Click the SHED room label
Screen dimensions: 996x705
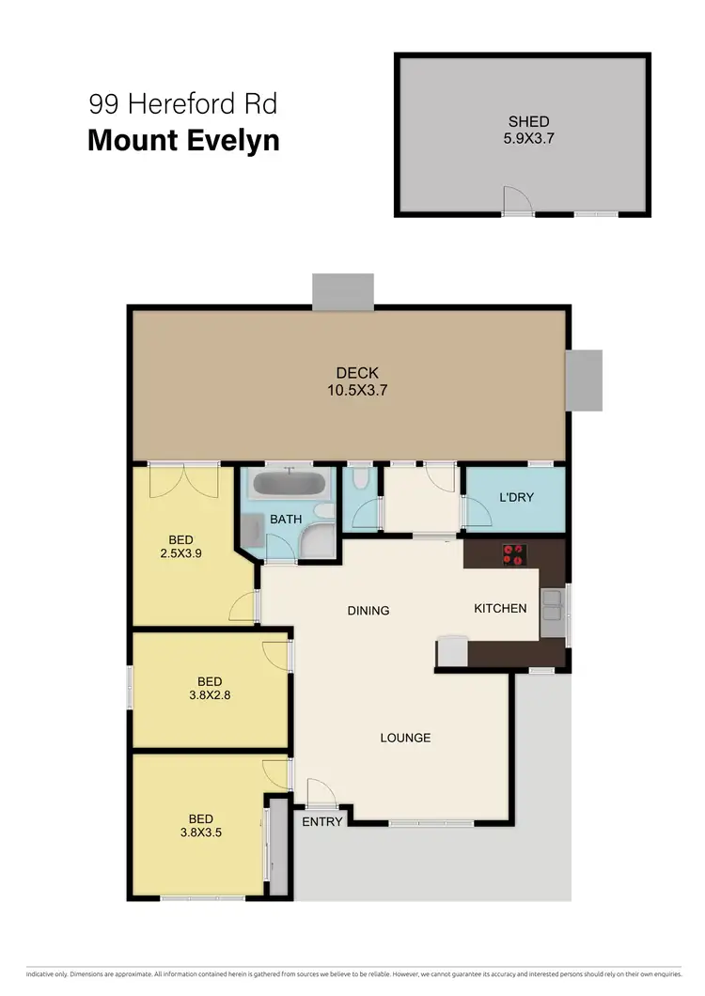pyautogui.click(x=528, y=121)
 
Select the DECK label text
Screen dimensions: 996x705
pyautogui.click(x=357, y=373)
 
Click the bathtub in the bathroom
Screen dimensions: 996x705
pyautogui.click(x=290, y=486)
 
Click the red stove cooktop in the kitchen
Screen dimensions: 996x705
pyautogui.click(x=513, y=554)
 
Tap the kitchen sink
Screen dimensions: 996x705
pyautogui.click(x=552, y=607)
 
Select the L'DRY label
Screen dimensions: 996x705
pyautogui.click(x=516, y=497)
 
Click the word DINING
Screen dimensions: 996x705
pyautogui.click(x=368, y=611)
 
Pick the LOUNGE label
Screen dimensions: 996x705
pyautogui.click(x=405, y=738)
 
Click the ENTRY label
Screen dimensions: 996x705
pyautogui.click(x=321, y=821)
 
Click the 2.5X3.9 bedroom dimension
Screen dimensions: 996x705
pyautogui.click(x=181, y=553)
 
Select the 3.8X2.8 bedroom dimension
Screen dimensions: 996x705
pyautogui.click(x=210, y=696)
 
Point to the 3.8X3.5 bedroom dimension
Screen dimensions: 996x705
pyautogui.click(x=200, y=833)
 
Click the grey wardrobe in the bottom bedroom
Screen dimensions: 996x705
pyautogui.click(x=276, y=847)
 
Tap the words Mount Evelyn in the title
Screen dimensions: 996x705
pyautogui.click(x=183, y=141)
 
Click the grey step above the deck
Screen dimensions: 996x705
pyautogui.click(x=343, y=290)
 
